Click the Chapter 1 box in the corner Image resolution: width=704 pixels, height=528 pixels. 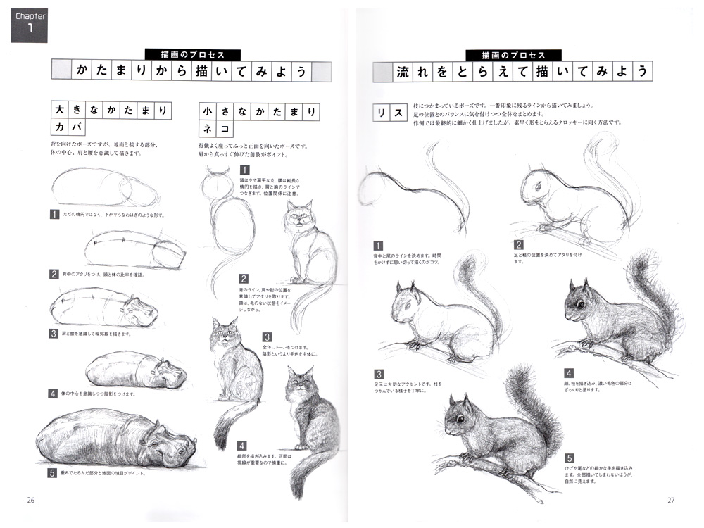point(28,21)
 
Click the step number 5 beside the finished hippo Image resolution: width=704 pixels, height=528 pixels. point(52,473)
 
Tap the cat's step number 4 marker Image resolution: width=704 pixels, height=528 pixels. point(241,445)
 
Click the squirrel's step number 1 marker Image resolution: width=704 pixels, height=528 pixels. point(379,246)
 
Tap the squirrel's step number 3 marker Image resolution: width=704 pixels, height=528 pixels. point(379,374)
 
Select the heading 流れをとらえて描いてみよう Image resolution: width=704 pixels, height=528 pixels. point(512,72)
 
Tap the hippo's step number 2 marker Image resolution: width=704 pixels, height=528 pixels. point(54,274)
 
